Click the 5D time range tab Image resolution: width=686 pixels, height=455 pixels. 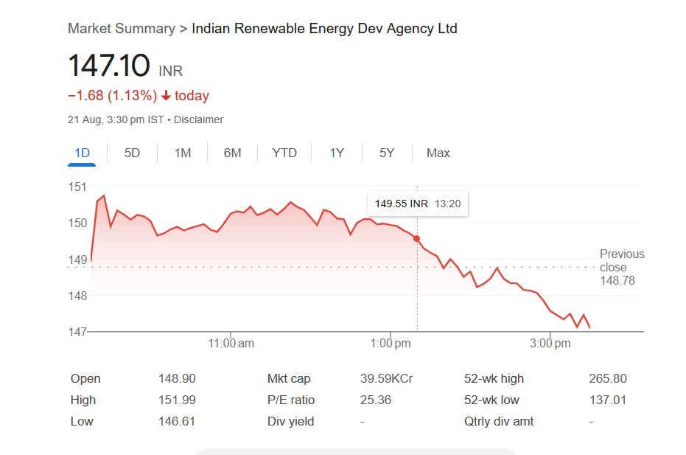(x=132, y=153)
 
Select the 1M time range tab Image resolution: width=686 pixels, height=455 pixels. (x=182, y=153)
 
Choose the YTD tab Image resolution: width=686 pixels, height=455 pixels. (x=284, y=153)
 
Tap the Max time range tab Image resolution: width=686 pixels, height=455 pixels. (x=438, y=153)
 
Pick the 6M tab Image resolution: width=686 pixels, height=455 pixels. (x=232, y=153)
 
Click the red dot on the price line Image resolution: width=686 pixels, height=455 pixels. (x=417, y=238)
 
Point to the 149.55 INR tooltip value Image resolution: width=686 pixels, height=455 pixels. (x=401, y=204)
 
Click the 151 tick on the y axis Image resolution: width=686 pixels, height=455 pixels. (x=77, y=187)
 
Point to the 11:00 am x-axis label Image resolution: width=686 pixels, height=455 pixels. (x=231, y=343)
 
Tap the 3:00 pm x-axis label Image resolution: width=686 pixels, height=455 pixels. (x=550, y=343)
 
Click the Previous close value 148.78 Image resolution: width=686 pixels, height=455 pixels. (x=617, y=280)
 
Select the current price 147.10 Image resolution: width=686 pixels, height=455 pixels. (x=109, y=66)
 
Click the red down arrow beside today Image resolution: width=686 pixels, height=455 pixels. (x=166, y=96)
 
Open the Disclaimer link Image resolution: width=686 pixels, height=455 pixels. (x=198, y=119)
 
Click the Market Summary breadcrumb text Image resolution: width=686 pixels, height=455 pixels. (x=121, y=29)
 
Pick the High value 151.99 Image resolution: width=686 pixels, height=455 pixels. (x=177, y=400)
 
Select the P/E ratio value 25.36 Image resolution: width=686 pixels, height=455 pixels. (x=376, y=400)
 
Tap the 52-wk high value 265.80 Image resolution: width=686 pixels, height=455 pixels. (x=608, y=378)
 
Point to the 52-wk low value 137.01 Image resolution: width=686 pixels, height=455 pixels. (x=608, y=400)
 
